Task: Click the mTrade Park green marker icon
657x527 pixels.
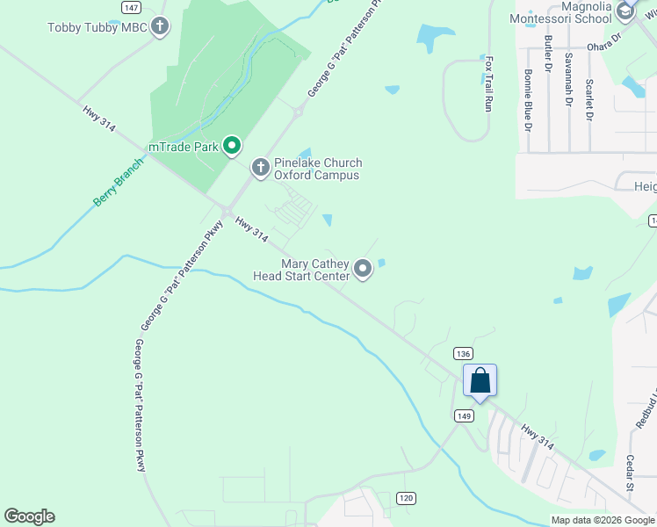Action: point(232,146)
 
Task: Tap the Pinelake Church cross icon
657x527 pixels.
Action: point(260,167)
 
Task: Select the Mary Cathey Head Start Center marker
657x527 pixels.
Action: point(363,268)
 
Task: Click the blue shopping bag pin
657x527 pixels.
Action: point(480,380)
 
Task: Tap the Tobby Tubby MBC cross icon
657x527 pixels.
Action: point(159,26)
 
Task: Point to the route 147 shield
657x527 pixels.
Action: point(131,7)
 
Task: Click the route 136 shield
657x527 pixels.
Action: point(464,353)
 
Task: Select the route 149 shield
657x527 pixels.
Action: point(465,415)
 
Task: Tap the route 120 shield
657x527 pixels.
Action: point(405,498)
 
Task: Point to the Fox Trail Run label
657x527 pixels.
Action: point(488,84)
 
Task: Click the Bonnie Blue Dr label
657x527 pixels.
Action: point(528,100)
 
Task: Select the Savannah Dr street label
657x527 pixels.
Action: point(568,78)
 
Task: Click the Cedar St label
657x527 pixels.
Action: point(630,497)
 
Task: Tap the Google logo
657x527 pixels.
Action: point(29,516)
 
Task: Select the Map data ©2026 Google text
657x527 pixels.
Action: point(603,520)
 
